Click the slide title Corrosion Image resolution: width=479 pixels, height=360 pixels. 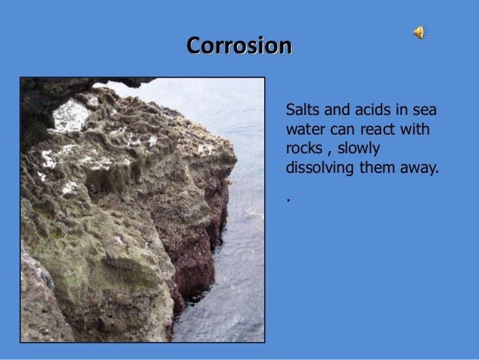[239, 46]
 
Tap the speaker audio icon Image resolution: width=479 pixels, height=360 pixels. [419, 32]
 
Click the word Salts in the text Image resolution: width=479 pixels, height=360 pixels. [301, 113]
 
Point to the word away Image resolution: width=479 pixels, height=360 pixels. [419, 167]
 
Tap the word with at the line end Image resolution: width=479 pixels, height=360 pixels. [417, 131]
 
